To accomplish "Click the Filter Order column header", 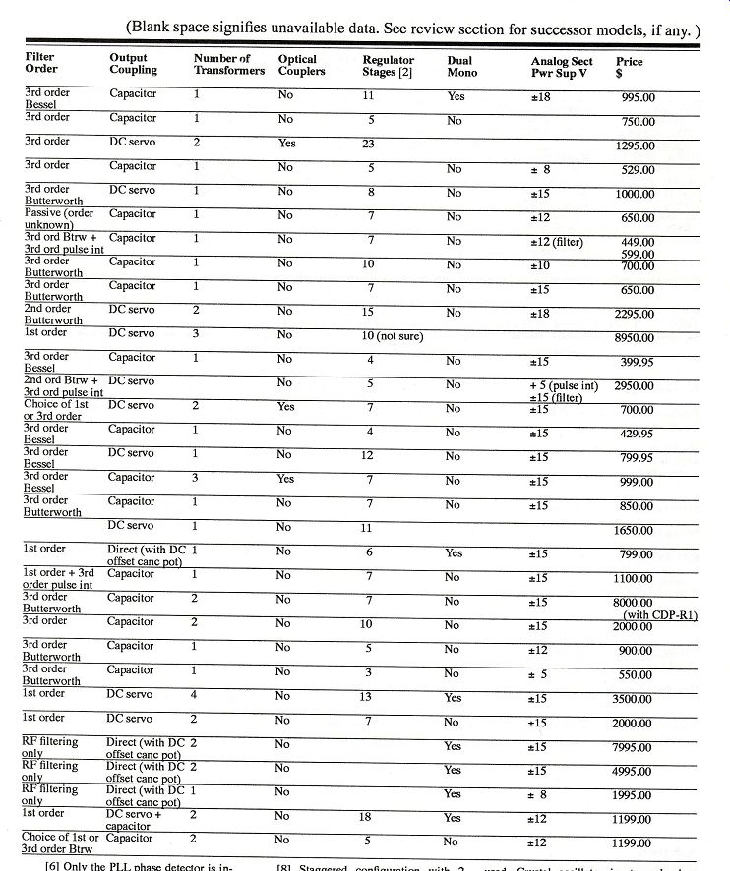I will [40, 63].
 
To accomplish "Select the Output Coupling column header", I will [133, 63].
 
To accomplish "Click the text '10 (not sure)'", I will [395, 337].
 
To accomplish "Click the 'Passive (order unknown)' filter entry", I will [54, 219].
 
